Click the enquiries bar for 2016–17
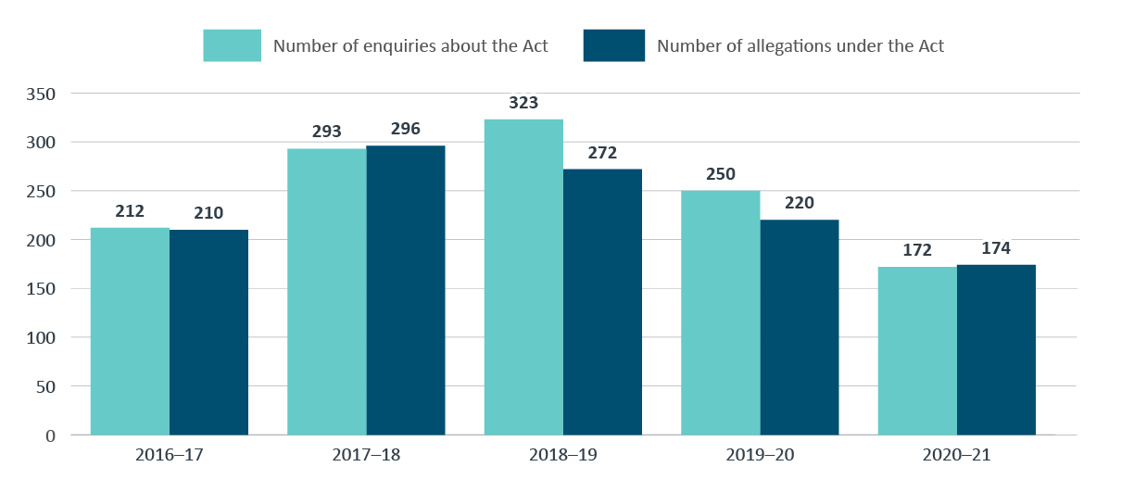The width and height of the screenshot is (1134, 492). click(130, 331)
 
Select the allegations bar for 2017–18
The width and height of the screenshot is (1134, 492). click(406, 290)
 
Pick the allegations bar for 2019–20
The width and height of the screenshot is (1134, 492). click(800, 327)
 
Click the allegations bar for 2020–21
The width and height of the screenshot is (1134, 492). click(996, 349)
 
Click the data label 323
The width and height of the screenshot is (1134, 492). click(523, 104)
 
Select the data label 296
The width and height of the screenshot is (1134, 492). click(406, 130)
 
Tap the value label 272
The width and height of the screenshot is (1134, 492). click(602, 153)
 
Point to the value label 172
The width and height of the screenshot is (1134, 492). click(917, 250)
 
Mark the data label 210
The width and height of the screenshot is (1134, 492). click(208, 213)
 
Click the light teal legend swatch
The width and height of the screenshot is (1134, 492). click(233, 45)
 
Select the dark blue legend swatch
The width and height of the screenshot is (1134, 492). click(613, 45)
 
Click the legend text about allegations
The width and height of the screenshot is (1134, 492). click(800, 45)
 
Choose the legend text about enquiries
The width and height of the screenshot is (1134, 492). click(410, 45)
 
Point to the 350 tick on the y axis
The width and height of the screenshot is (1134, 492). click(44, 94)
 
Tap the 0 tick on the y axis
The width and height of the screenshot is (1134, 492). click(52, 435)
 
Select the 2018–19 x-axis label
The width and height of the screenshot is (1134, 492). click(562, 456)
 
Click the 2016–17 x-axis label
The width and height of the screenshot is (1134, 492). click(169, 456)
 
